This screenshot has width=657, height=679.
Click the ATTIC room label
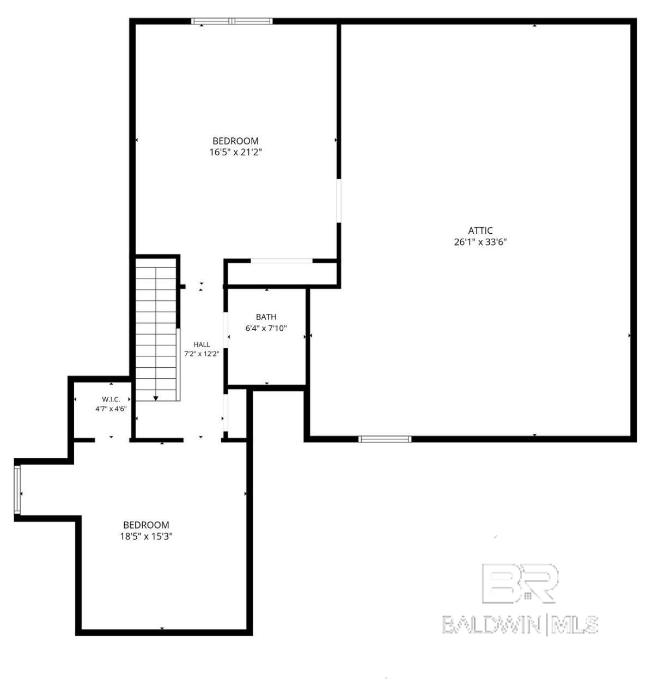(x=480, y=231)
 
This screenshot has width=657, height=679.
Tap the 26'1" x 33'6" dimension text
(x=480, y=242)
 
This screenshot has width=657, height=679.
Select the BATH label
(x=266, y=317)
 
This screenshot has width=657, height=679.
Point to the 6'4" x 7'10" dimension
(x=266, y=328)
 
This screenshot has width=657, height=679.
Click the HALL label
(x=202, y=345)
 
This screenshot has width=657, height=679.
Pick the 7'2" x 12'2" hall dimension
(x=202, y=354)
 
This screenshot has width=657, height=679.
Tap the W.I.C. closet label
(x=111, y=399)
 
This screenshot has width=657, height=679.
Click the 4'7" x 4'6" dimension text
(x=111, y=409)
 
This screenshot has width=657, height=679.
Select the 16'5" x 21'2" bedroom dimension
(x=235, y=153)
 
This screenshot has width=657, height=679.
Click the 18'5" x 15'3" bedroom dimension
(x=147, y=536)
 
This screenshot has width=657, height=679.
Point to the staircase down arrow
(x=156, y=398)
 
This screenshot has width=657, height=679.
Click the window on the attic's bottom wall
(x=385, y=439)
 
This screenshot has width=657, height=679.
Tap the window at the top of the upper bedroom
(x=232, y=21)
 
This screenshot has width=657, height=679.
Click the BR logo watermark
(x=520, y=584)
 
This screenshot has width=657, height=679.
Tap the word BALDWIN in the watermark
(x=491, y=625)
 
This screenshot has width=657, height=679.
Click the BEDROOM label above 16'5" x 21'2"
(x=235, y=141)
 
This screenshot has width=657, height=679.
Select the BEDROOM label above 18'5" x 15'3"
(x=147, y=525)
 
